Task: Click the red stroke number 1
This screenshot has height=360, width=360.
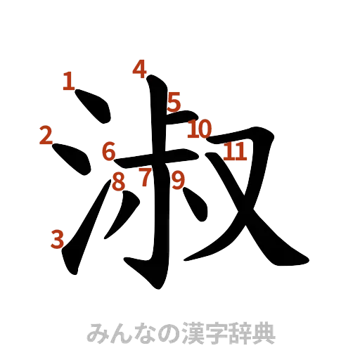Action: tap(68, 81)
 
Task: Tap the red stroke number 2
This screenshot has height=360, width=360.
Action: tap(46, 135)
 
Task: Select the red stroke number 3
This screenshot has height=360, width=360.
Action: tap(58, 239)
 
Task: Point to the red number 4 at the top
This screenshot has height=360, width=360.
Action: tap(140, 69)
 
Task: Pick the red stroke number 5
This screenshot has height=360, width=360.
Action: tap(174, 103)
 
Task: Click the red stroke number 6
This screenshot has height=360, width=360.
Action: tap(108, 150)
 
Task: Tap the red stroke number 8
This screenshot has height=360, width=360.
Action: tap(120, 181)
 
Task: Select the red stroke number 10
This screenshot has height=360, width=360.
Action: tap(200, 129)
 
